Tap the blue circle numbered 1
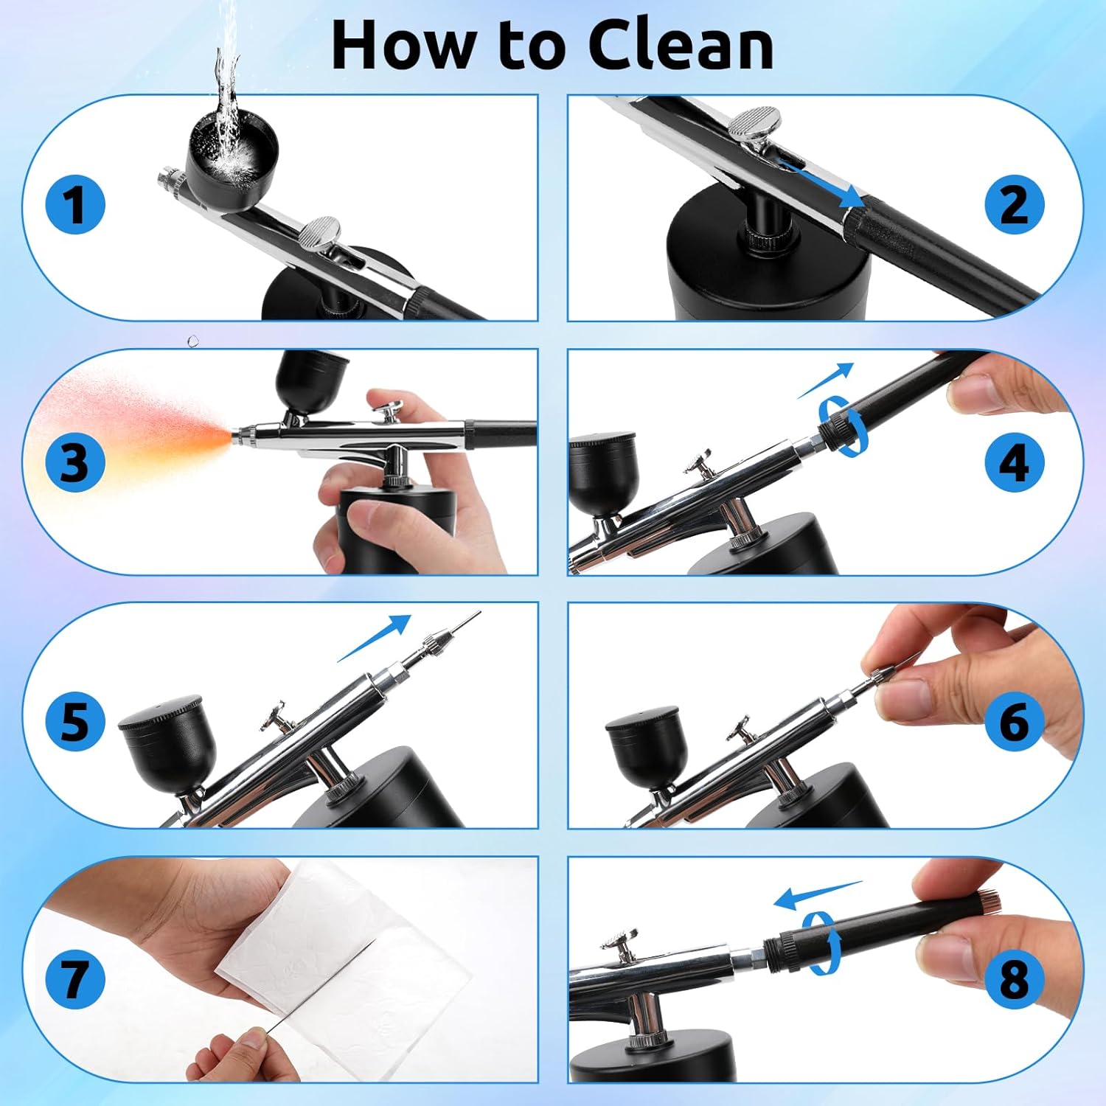click(x=74, y=204)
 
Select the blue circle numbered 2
click(x=1015, y=204)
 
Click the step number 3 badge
click(x=74, y=462)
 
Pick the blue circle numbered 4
click(x=1015, y=462)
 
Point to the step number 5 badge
click(x=74, y=720)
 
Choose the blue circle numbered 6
click(x=1015, y=720)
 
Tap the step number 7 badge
click(x=74, y=978)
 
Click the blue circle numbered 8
click(x=1015, y=978)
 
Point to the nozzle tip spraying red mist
click(x=238, y=436)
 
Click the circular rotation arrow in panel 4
click(x=844, y=424)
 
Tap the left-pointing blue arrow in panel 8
click(x=815, y=894)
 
